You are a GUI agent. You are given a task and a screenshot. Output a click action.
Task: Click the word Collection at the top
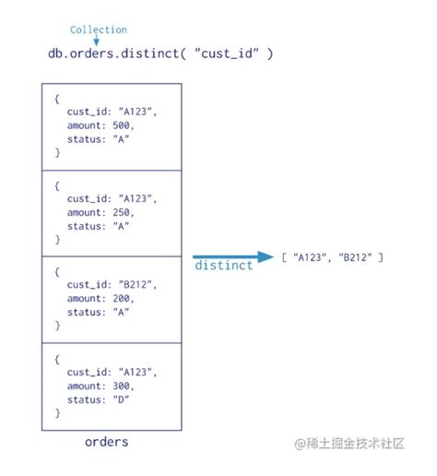[99, 30]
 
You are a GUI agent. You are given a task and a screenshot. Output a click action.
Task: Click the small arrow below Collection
[96, 42]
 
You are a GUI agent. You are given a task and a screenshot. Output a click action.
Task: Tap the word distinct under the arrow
[223, 267]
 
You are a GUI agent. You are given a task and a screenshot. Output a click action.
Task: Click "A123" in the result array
[313, 257]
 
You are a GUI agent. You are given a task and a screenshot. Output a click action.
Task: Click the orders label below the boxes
[107, 442]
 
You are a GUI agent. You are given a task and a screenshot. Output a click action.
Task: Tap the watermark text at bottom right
[349, 444]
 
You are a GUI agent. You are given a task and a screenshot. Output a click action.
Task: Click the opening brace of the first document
[57, 99]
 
